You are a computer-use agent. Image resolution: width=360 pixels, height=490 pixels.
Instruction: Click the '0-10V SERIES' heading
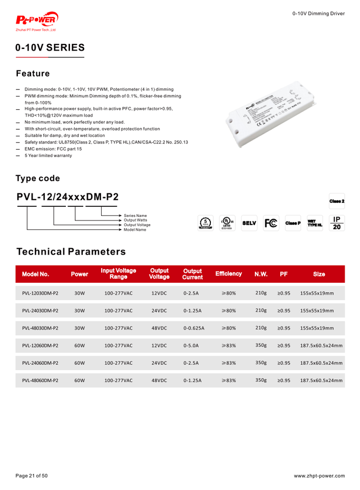click(50, 48)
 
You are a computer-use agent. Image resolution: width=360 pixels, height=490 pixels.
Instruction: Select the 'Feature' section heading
click(33, 73)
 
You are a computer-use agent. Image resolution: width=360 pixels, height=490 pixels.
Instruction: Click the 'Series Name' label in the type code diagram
click(135, 215)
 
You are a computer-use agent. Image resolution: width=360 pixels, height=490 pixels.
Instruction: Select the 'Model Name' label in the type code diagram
click(135, 230)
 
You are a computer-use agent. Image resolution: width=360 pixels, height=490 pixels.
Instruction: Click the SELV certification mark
click(249, 223)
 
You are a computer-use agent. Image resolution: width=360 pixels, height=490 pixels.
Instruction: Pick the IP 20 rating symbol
click(337, 223)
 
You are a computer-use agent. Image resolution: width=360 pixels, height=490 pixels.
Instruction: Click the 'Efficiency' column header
click(228, 274)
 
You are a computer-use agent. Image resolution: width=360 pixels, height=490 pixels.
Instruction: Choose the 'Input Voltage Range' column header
click(118, 274)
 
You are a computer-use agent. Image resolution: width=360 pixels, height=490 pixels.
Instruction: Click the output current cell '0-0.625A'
click(194, 328)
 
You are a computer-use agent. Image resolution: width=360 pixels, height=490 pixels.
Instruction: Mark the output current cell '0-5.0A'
click(190, 346)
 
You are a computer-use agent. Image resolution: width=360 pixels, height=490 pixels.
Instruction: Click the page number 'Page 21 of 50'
click(31, 476)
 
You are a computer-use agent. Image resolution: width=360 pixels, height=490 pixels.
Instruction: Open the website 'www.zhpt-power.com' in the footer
click(319, 476)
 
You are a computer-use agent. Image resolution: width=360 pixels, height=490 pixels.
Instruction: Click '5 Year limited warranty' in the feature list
click(48, 156)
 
